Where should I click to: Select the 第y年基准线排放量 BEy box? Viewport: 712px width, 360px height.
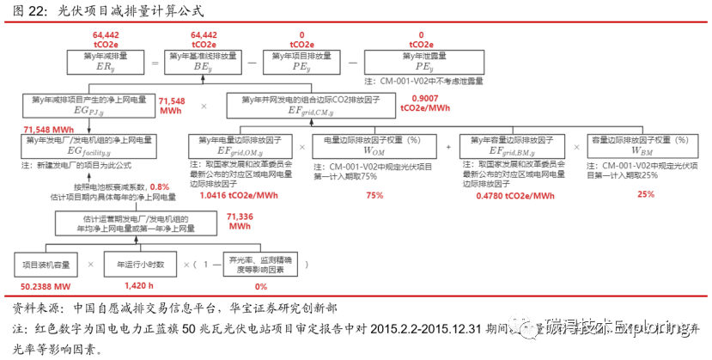click(203, 63)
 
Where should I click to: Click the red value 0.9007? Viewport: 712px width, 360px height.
click(425, 99)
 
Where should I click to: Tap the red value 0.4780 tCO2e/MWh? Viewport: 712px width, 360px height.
click(511, 195)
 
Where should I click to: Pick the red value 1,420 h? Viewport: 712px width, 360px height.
click(138, 286)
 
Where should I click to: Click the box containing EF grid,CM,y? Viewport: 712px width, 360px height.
click(310, 106)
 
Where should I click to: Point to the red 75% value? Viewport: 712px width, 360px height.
click(374, 195)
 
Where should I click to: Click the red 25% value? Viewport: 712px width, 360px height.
click(645, 195)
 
